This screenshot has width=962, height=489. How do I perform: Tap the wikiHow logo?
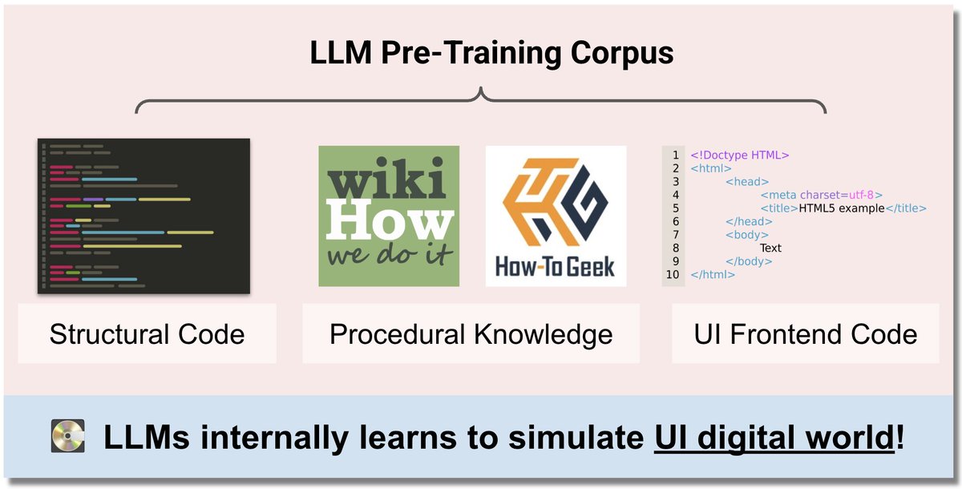point(389,216)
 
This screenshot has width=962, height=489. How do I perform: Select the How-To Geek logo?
point(556,216)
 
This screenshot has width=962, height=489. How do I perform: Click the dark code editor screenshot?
point(143,216)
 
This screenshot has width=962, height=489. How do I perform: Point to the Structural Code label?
point(147,333)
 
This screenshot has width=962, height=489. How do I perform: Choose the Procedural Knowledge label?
point(471,333)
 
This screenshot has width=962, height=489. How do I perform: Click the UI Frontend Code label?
point(805,333)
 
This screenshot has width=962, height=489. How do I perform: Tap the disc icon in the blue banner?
point(67,438)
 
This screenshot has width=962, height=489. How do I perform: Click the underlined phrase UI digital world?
point(773,438)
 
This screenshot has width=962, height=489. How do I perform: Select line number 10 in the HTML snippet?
point(672,274)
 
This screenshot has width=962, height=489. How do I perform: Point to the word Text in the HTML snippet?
point(770,248)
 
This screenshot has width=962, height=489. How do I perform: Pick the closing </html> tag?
point(713,274)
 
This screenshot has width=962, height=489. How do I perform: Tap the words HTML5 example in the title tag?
point(841,208)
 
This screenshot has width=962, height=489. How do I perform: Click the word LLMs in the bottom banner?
point(148,438)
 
